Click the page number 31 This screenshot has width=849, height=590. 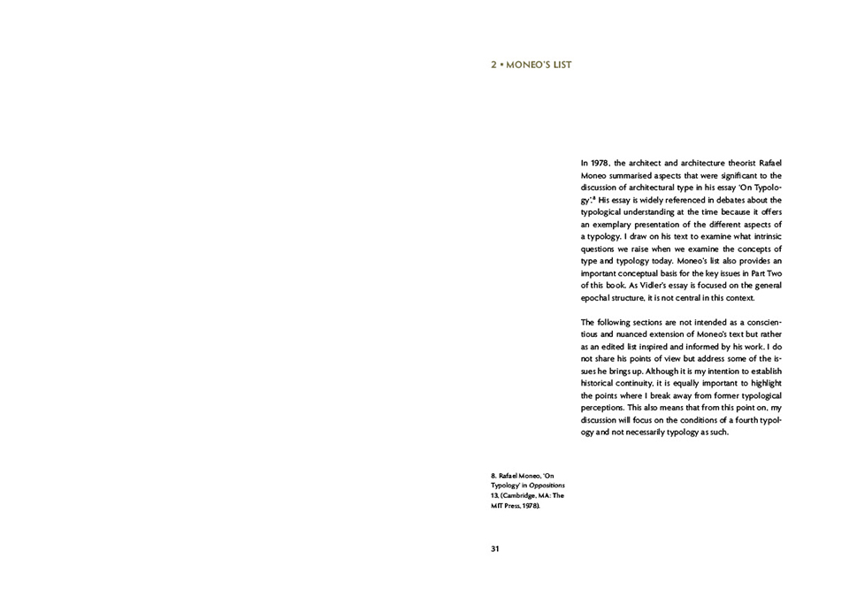(x=495, y=548)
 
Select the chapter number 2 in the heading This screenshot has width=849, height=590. (x=493, y=65)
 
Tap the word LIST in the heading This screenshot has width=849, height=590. (x=562, y=65)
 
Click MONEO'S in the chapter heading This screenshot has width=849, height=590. (x=528, y=65)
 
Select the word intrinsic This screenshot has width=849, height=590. (x=764, y=237)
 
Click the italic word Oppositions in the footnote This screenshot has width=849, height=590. (x=547, y=486)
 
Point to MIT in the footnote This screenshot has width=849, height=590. (x=498, y=505)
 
